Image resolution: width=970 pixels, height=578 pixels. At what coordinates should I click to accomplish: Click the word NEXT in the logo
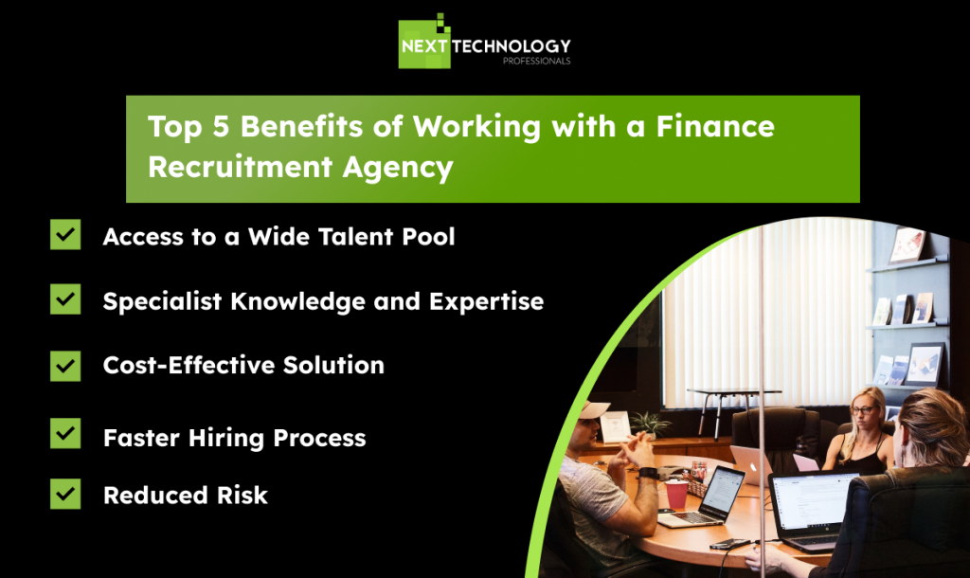tap(423, 46)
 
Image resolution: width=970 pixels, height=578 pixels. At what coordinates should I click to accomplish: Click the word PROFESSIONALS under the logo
tap(536, 62)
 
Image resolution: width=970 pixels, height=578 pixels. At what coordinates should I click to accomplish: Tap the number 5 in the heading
tap(221, 126)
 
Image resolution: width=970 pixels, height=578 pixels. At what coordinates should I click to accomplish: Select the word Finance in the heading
tap(714, 126)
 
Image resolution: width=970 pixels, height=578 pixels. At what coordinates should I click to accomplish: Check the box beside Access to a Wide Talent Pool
tap(65, 235)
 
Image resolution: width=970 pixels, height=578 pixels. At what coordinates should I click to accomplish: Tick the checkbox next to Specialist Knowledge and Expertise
tap(65, 299)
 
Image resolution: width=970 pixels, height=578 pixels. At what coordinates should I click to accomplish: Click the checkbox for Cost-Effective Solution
tap(65, 366)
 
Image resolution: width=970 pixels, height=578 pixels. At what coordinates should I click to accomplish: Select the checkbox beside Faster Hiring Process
tap(65, 433)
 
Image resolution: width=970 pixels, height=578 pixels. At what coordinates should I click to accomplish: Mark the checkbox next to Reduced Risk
tap(65, 494)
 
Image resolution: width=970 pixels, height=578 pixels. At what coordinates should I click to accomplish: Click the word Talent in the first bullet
tap(356, 236)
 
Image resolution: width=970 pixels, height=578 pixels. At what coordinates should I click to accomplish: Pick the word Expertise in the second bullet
tap(486, 302)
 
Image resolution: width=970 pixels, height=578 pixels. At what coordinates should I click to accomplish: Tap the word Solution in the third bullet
tap(333, 365)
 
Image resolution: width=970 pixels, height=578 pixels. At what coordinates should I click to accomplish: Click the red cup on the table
tap(676, 495)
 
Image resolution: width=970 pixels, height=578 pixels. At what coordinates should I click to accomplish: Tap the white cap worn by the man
tap(593, 409)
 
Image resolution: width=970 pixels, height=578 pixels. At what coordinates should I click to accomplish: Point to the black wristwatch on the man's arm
tap(649, 474)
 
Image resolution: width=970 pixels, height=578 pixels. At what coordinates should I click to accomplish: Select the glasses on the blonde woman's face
tap(862, 409)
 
